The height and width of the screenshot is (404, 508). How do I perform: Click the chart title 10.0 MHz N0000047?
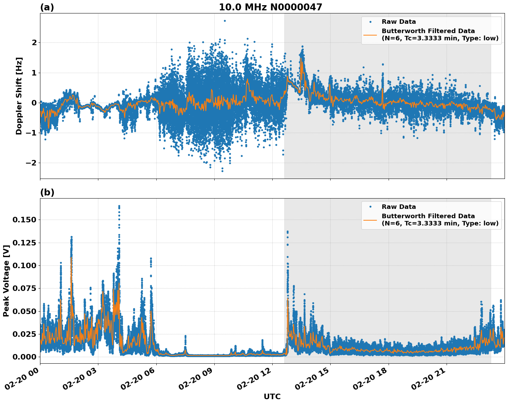tap(270, 7)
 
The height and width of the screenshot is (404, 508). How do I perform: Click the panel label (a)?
tap(47, 7)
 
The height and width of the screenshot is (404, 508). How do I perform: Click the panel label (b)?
tap(47, 192)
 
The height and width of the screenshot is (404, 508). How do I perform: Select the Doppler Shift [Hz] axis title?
tap(19, 96)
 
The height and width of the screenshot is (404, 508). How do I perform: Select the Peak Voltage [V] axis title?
tap(6, 281)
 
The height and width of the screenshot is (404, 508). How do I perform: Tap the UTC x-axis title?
tap(272, 396)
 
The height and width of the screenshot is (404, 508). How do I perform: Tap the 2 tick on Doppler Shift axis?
tap(34, 42)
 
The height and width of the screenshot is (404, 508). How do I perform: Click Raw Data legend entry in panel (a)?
tap(399, 22)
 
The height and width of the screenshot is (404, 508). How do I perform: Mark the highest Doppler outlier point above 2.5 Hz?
tap(225, 21)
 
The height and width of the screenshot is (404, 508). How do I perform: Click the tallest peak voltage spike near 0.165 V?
tap(119, 206)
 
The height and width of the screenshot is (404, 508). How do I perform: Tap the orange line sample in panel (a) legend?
tap(370, 34)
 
